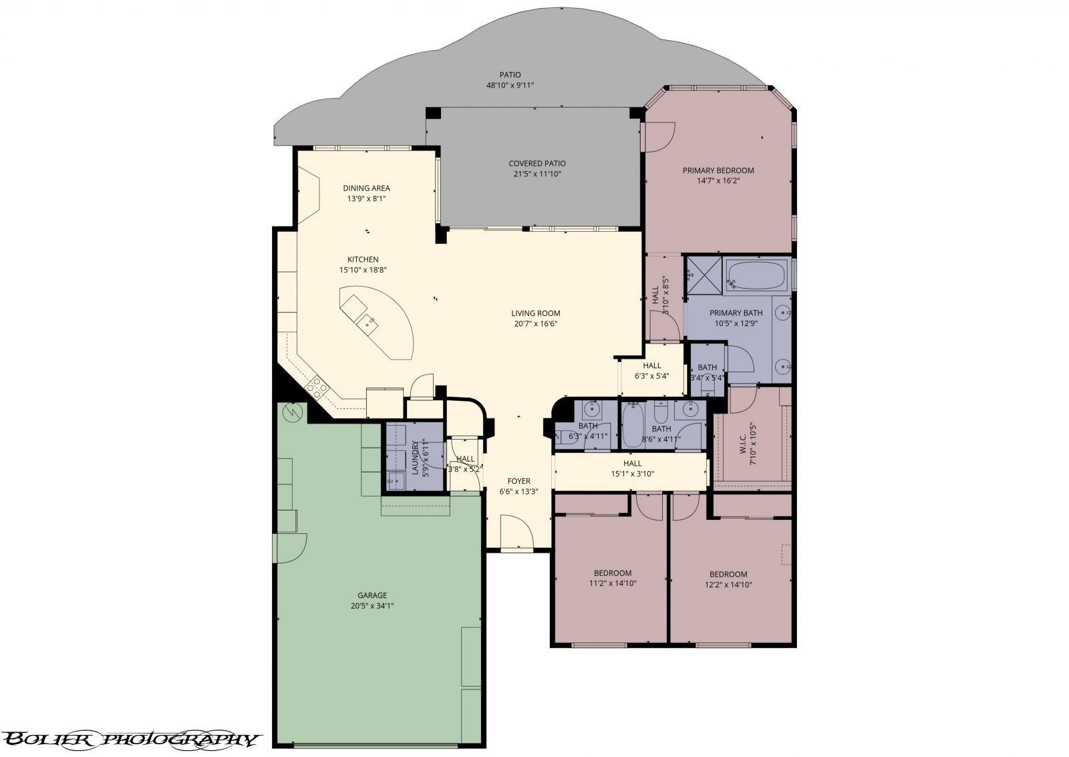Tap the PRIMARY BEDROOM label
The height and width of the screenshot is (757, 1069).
click(x=718, y=170)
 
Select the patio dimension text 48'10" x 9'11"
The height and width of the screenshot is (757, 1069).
click(x=510, y=86)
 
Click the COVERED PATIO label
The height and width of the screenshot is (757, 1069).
click(x=537, y=163)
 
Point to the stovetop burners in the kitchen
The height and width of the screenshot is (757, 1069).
click(x=317, y=386)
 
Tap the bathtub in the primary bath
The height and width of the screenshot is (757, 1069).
click(x=756, y=275)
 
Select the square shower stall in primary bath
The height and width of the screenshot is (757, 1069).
click(x=702, y=276)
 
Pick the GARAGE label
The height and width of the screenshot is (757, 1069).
click(x=372, y=595)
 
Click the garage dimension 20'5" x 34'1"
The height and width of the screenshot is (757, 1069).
click(x=372, y=606)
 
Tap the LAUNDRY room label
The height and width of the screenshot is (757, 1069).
click(x=414, y=457)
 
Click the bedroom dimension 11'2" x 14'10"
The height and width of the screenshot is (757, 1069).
click(x=613, y=583)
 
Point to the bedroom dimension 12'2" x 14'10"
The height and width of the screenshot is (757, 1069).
click(x=728, y=585)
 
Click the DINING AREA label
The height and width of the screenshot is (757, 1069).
click(x=366, y=188)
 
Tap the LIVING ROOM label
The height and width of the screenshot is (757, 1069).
click(x=535, y=313)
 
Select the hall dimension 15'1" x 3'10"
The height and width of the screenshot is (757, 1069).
click(x=632, y=474)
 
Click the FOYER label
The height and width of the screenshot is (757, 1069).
click(x=518, y=481)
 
